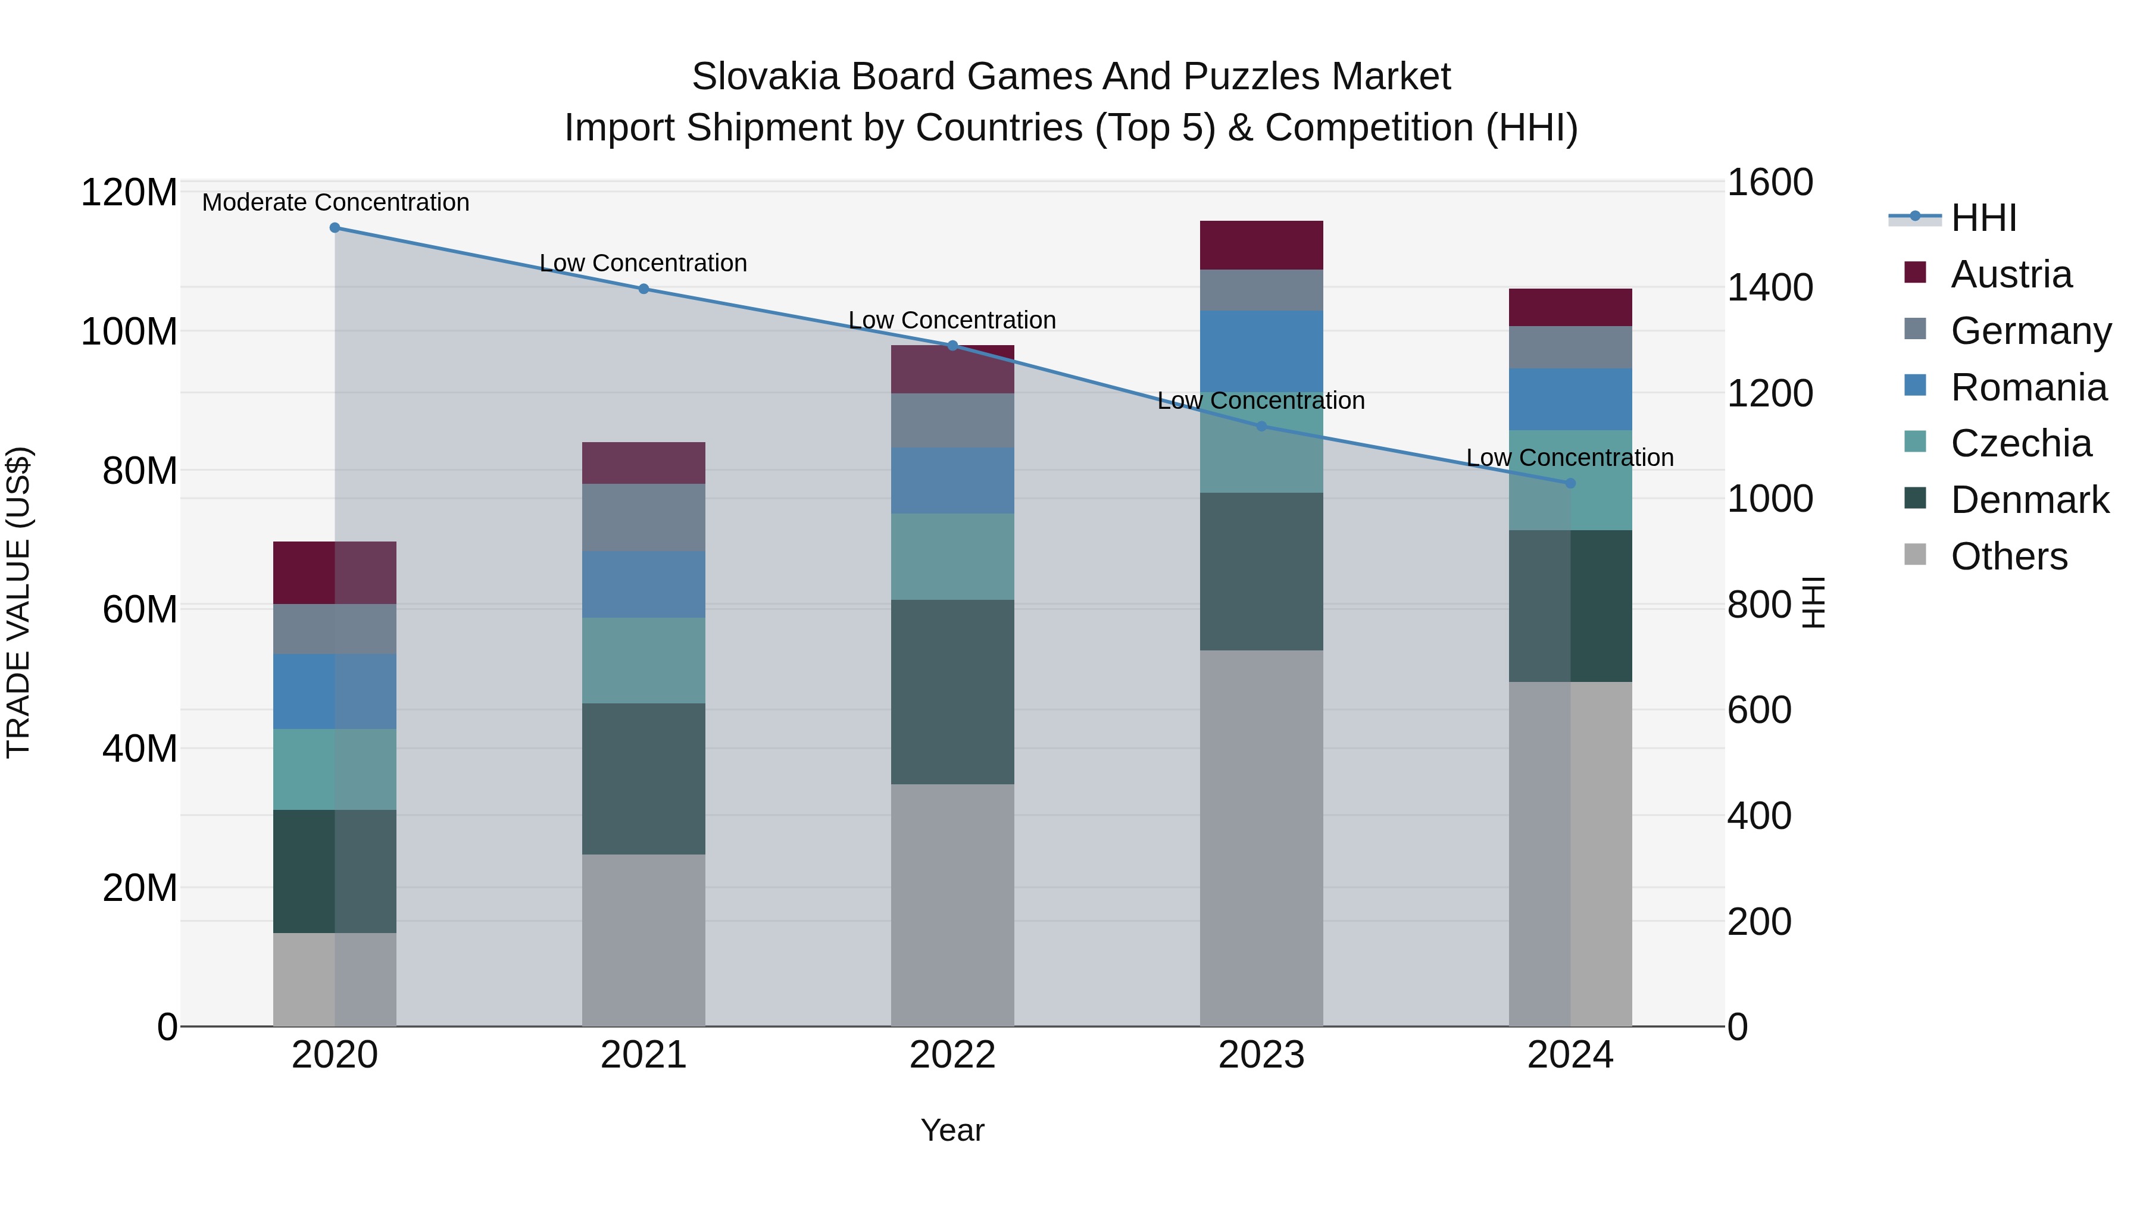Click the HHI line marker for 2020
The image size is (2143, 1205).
coord(335,228)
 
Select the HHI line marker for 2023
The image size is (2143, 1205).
coord(1261,427)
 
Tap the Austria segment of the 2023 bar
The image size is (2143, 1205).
coord(1261,245)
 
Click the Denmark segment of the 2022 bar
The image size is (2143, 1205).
coord(952,692)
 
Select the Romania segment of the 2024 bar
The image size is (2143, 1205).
coord(1570,399)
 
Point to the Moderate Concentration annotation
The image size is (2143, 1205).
coord(335,202)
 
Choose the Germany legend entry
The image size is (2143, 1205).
coord(2030,331)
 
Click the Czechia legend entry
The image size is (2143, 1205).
coord(2020,443)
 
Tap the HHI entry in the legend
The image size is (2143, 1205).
coord(1983,218)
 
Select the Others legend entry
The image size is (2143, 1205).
coord(2008,556)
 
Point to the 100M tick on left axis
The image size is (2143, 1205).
coord(129,332)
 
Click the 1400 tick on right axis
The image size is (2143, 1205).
coord(1770,288)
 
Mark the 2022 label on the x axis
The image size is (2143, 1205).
coord(952,1055)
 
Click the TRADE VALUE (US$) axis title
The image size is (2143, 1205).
coord(18,602)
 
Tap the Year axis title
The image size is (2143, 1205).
coord(952,1130)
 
